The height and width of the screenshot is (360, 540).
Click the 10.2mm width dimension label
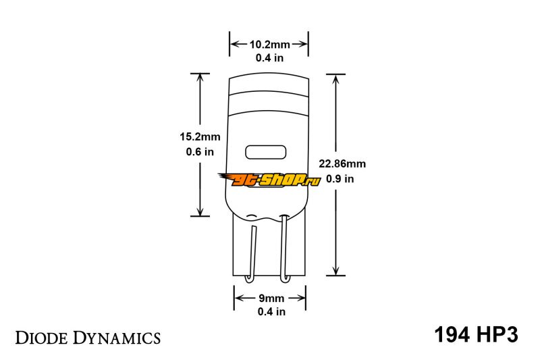269,45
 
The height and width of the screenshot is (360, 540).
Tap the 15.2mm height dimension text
200,136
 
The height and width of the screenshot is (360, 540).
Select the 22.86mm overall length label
342,163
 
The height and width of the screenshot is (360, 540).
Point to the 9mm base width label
271,298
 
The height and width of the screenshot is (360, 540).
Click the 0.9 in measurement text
340,179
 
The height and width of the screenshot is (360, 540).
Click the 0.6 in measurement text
200,151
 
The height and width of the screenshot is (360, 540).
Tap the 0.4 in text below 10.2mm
269,58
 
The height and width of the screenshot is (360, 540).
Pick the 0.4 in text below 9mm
271,311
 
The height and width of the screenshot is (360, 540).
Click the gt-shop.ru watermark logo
269,180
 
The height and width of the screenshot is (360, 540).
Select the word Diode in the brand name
42,338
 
